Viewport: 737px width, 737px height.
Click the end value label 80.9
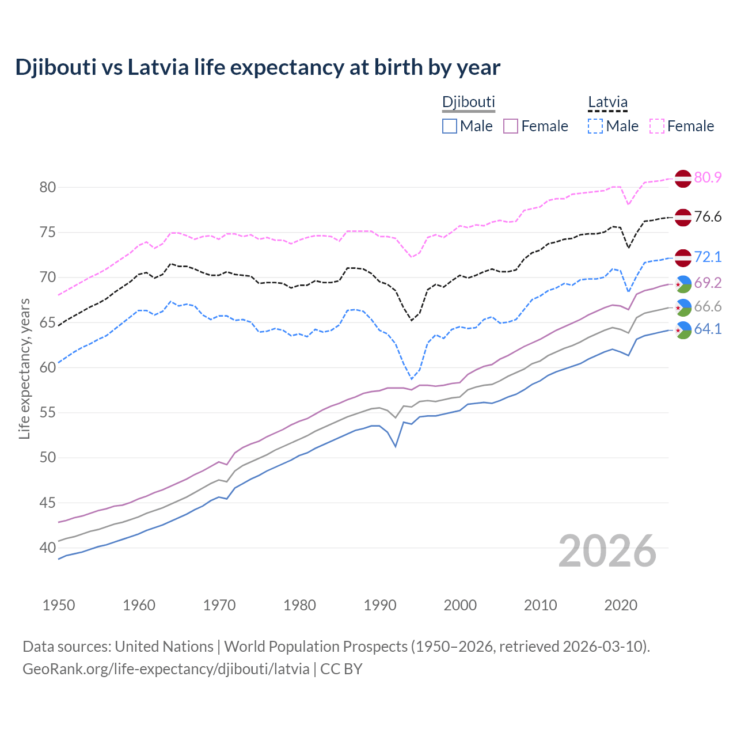pos(708,177)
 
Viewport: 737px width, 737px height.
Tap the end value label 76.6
pos(708,217)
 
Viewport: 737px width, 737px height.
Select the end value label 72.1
pos(708,257)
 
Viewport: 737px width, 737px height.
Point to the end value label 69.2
pos(708,283)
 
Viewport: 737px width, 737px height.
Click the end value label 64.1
pos(708,329)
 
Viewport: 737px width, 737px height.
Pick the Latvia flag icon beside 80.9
pos(683,178)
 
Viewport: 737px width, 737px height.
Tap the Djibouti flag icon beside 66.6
pos(683,307)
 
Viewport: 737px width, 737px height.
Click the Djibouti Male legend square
pos(450,126)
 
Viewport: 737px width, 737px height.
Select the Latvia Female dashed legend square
pos(657,126)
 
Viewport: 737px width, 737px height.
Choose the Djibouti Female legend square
pos(511,126)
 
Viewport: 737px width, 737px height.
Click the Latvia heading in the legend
pos(607,102)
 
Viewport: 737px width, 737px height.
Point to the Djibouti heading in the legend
pos(468,102)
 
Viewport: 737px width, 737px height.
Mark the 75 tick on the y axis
pos(47,233)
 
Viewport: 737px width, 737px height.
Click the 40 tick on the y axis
pos(47,548)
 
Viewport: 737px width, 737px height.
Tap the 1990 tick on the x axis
pos(380,605)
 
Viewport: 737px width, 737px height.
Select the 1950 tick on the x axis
pos(59,605)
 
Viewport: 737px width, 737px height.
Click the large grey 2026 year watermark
pos(607,552)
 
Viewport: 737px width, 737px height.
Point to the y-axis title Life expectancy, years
pos(25,368)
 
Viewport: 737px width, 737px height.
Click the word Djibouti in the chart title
pos(55,68)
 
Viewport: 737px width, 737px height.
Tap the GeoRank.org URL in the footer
pos(166,669)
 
